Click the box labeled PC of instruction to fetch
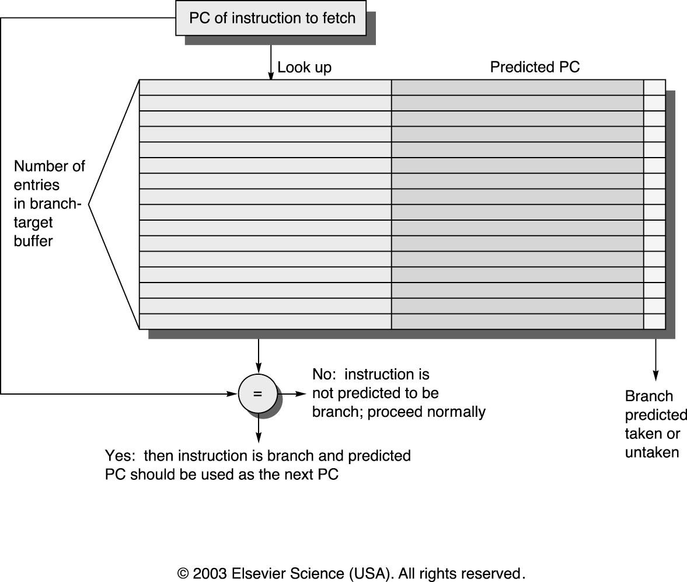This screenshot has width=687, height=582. click(271, 18)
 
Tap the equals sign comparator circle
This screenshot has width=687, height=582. click(257, 393)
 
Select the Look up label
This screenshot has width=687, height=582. click(305, 68)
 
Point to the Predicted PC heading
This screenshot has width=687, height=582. click(535, 67)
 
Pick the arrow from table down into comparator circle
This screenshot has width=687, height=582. click(259, 356)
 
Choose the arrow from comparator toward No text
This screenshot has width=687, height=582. click(292, 393)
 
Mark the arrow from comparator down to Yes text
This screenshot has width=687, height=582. click(259, 428)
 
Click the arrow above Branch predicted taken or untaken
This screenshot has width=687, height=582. click(655, 360)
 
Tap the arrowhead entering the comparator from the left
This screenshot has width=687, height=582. click(232, 393)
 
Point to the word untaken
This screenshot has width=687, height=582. click(652, 452)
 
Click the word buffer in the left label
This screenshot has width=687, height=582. click(33, 241)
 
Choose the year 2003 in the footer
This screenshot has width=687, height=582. click(210, 573)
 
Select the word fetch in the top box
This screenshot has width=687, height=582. click(338, 18)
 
